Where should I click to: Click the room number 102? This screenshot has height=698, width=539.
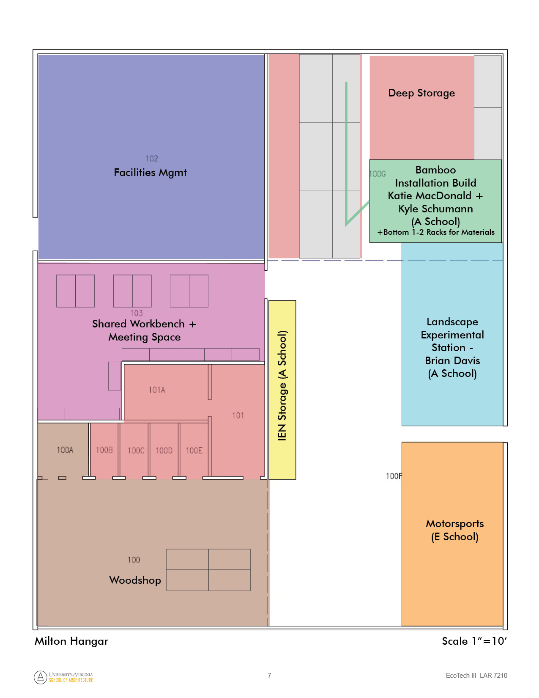click(x=151, y=158)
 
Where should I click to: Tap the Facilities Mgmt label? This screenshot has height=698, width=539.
click(x=150, y=173)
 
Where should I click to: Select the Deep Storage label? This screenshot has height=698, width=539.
click(x=421, y=93)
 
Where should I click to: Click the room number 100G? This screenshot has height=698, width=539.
click(x=378, y=174)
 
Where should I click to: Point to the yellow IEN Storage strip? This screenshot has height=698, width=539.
click(x=282, y=390)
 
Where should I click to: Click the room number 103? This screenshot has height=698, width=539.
click(x=137, y=313)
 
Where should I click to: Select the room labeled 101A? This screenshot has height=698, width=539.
click(x=157, y=390)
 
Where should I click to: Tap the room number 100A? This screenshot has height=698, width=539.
click(x=65, y=450)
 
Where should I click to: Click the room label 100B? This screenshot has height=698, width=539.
click(x=104, y=450)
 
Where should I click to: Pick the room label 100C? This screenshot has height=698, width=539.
click(x=136, y=451)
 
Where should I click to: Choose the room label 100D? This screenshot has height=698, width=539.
click(x=164, y=451)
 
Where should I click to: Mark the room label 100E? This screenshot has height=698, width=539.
click(x=194, y=451)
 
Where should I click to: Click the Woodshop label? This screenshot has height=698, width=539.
click(x=135, y=580)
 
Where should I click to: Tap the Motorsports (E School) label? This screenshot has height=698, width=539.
click(x=454, y=530)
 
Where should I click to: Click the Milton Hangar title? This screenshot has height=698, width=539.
click(x=71, y=641)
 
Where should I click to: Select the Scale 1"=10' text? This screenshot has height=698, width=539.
click(x=474, y=641)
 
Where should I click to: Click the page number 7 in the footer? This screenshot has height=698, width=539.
click(x=269, y=676)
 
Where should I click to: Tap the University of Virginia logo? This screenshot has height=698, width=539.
click(x=63, y=677)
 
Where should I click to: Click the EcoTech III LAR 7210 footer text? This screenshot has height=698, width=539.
click(x=476, y=676)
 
